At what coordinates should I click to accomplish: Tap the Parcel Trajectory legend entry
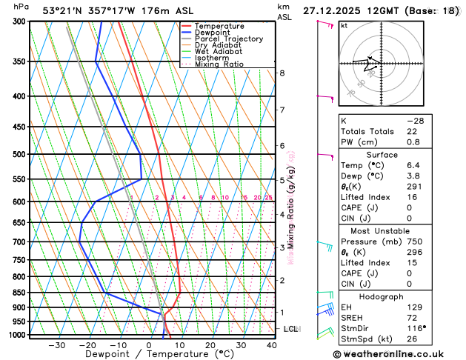tap(228, 39)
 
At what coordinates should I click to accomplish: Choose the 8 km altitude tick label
tap(282, 73)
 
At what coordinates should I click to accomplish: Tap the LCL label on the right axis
tap(290, 328)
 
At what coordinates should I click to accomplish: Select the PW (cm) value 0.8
tap(409, 141)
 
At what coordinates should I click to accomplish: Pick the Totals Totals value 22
tap(409, 131)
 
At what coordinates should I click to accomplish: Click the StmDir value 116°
tap(411, 328)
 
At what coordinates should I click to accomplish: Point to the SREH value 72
tap(409, 317)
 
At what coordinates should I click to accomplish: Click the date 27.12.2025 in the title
tap(338, 10)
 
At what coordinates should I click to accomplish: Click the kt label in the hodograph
tap(344, 25)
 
